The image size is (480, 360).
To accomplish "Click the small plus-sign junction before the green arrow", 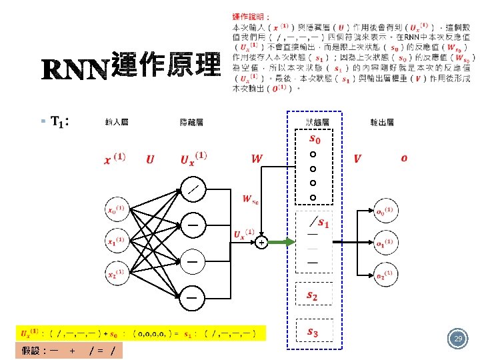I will tap(262, 243).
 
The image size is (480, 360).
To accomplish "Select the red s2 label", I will tap(312, 295).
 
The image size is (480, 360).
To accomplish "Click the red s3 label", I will tap(312, 331).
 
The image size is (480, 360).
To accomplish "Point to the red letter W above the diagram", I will tap(257, 159).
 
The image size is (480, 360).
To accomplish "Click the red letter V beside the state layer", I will tap(358, 159).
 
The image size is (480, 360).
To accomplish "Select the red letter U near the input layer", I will tap(150, 159).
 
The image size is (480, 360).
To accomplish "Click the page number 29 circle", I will tap(458, 339).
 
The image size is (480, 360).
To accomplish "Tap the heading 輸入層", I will tap(117, 122).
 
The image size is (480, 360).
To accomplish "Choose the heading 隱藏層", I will tap(192, 122).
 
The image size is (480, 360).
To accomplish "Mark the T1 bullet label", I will tap(61, 121).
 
